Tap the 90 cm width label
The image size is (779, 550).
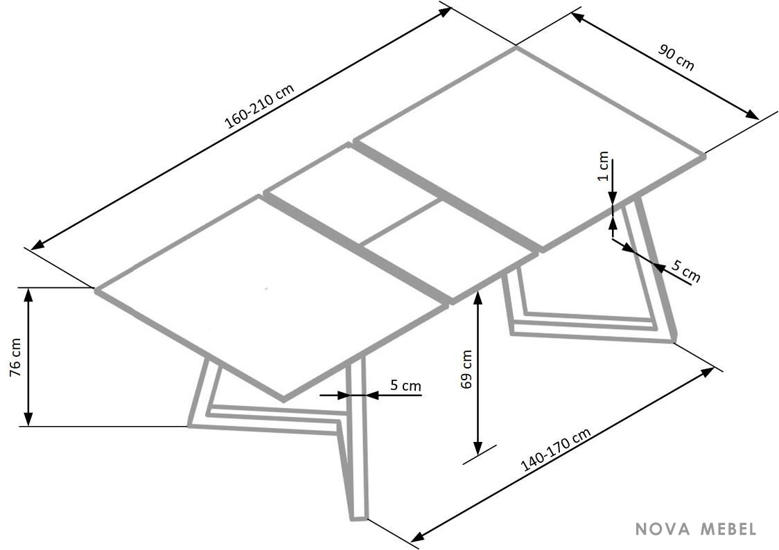point(676,57)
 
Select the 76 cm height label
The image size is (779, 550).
point(15,357)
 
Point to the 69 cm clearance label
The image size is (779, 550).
point(466,369)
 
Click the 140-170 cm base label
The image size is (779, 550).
point(556,450)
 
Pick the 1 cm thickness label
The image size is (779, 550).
point(603,167)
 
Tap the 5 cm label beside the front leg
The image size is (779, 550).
point(405,385)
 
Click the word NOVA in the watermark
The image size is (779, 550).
point(664,529)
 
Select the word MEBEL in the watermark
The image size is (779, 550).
point(728,529)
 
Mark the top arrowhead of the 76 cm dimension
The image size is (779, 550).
point(28,295)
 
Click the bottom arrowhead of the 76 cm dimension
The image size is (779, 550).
point(28,418)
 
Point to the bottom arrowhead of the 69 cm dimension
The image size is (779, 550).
point(478,448)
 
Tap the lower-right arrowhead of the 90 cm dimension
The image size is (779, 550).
point(752,115)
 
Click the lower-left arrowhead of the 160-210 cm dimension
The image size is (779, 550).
point(37,245)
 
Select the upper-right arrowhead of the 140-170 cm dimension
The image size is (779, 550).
point(707,372)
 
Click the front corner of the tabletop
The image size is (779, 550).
point(284,400)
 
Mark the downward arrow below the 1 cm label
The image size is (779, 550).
point(613,181)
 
